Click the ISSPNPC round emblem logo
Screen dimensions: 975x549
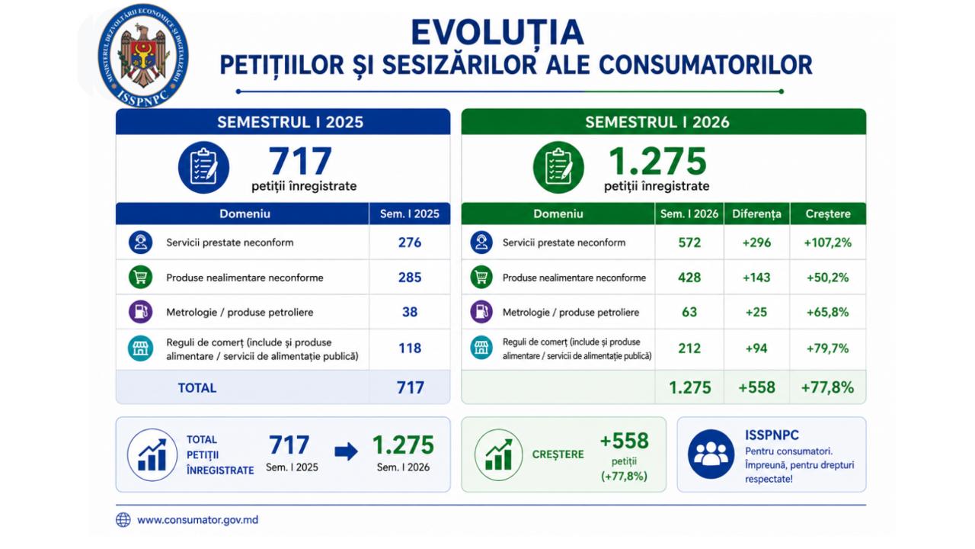pos(143,56)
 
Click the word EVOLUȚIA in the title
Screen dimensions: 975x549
pos(497,32)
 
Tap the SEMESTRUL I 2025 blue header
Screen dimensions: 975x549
pos(290,122)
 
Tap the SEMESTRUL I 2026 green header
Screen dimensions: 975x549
pos(657,122)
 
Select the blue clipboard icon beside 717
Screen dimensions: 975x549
pos(203,167)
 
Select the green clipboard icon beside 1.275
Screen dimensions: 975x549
pos(558,167)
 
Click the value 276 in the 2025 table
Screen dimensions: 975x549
pos(410,242)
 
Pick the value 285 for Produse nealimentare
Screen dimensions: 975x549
pos(410,278)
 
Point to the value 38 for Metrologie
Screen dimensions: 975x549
pos(410,312)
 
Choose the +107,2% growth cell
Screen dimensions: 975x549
pos(827,242)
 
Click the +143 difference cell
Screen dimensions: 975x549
pos(756,278)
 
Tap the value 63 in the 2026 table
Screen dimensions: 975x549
pos(689,312)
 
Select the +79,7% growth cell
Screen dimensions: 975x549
pos(827,348)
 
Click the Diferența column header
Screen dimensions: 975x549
pos(756,214)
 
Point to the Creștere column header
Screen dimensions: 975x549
pos(828,214)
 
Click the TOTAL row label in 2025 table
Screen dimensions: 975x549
pos(197,388)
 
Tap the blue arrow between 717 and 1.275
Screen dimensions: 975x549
pos(346,451)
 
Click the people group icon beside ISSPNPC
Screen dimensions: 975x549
pos(711,454)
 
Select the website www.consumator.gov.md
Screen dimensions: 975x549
pos(197,520)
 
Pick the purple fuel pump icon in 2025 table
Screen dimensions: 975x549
pos(141,312)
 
